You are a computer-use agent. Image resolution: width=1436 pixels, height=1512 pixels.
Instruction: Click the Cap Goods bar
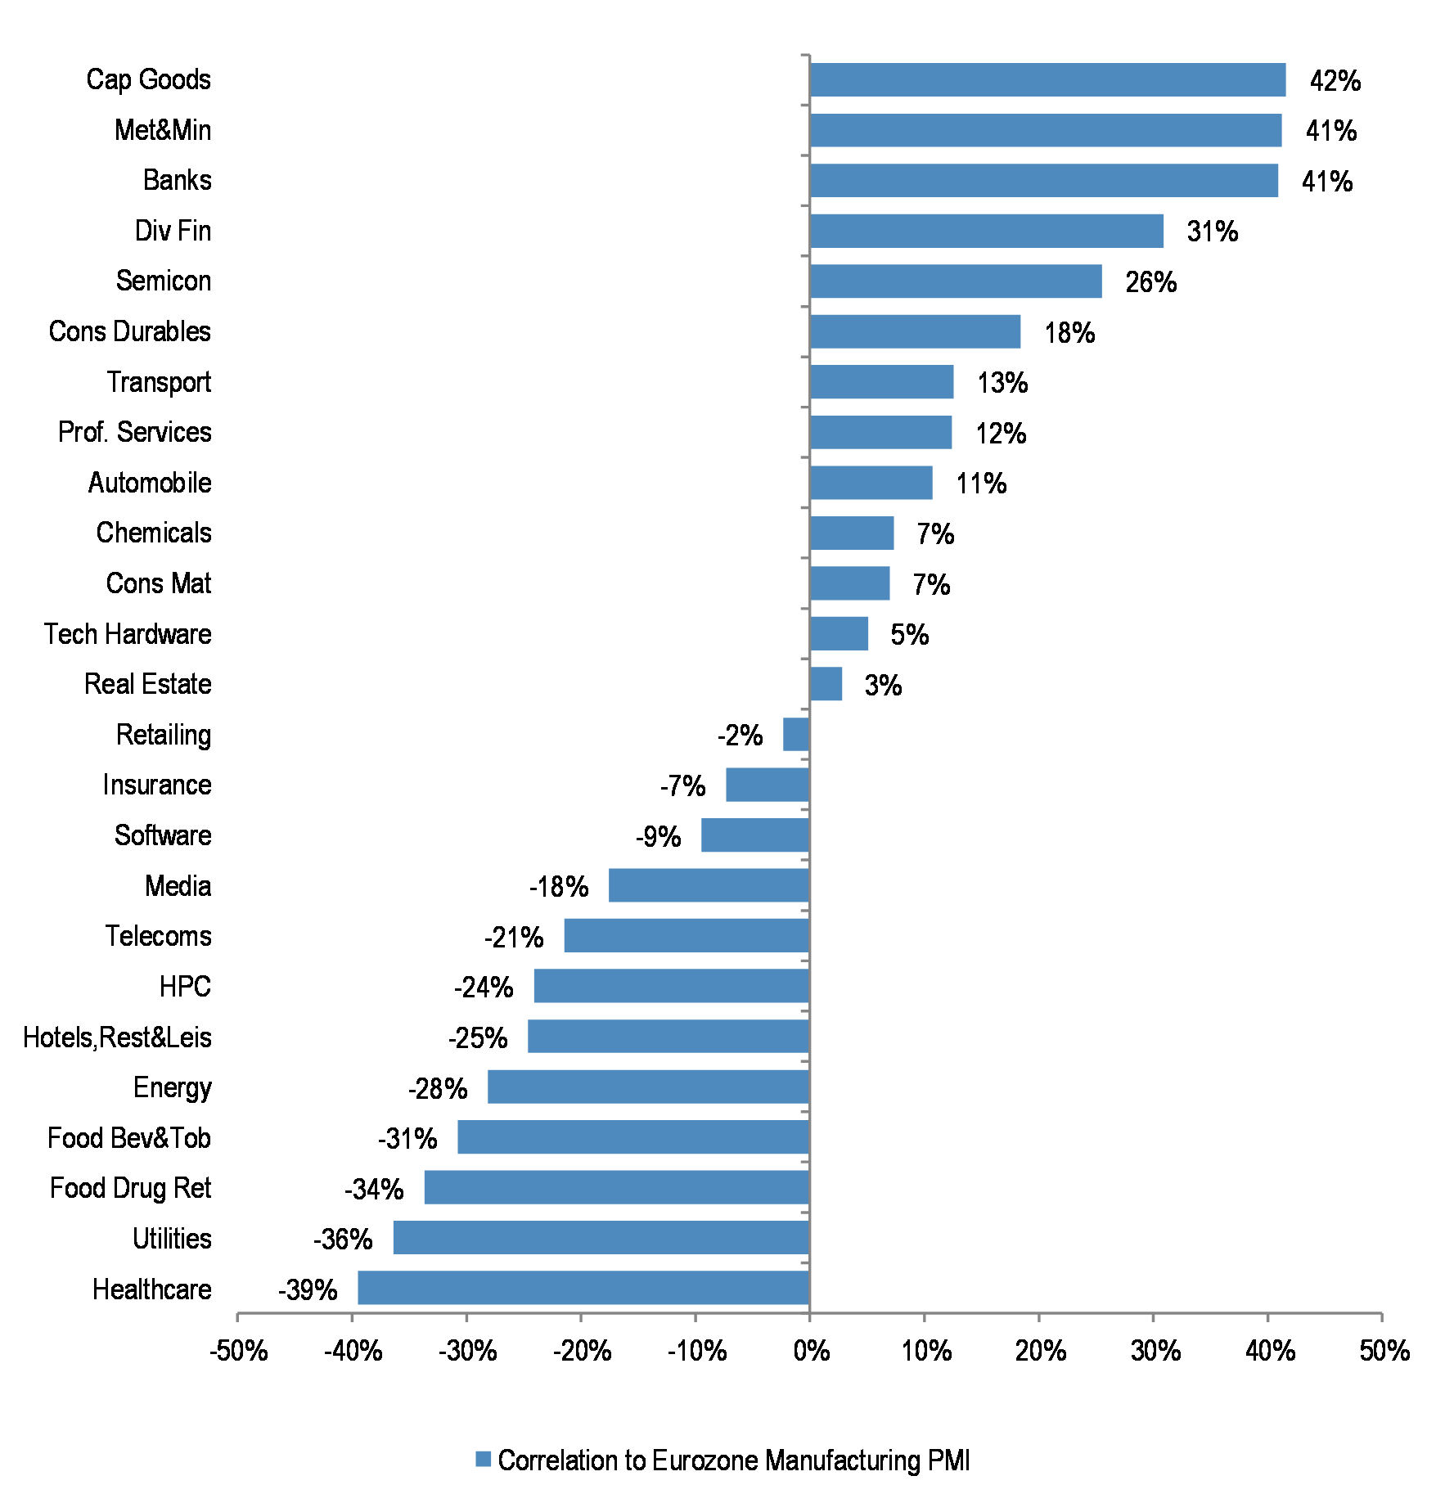click(x=1047, y=80)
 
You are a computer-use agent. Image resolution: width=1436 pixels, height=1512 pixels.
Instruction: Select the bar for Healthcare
click(x=583, y=1288)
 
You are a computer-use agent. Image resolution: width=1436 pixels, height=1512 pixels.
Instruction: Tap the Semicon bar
click(x=956, y=281)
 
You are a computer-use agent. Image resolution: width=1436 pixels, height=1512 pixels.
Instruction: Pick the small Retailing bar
click(x=796, y=735)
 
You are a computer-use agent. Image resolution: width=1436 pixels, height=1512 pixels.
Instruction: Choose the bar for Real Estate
click(x=826, y=684)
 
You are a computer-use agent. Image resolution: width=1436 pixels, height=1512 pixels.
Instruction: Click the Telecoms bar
click(x=686, y=936)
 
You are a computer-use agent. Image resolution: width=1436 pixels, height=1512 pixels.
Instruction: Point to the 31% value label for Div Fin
click(x=1213, y=232)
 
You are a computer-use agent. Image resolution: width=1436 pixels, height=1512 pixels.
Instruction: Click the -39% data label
click(x=308, y=1290)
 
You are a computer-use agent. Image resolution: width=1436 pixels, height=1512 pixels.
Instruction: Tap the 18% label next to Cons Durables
click(x=1069, y=333)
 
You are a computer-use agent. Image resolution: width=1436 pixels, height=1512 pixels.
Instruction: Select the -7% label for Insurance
click(x=682, y=786)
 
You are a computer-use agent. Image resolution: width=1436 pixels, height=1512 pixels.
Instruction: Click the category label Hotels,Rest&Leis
click(x=117, y=1037)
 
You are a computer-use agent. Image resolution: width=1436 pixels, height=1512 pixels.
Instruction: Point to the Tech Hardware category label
click(x=128, y=634)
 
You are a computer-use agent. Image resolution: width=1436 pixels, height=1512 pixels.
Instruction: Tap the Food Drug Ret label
click(x=130, y=1188)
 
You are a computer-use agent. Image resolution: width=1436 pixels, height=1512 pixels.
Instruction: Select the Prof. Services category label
click(x=134, y=432)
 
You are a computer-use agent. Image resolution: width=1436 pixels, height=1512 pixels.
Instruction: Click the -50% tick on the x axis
click(x=238, y=1351)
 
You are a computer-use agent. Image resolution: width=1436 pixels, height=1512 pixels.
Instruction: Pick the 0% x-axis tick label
click(x=811, y=1351)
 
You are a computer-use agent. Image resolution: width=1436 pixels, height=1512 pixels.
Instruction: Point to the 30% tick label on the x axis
click(x=1155, y=1351)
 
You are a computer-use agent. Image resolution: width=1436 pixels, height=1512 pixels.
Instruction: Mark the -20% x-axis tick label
click(x=582, y=1351)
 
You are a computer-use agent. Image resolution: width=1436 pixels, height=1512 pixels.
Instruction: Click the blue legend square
click(x=483, y=1459)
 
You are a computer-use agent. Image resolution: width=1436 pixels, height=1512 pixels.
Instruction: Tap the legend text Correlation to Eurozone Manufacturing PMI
click(x=733, y=1460)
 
